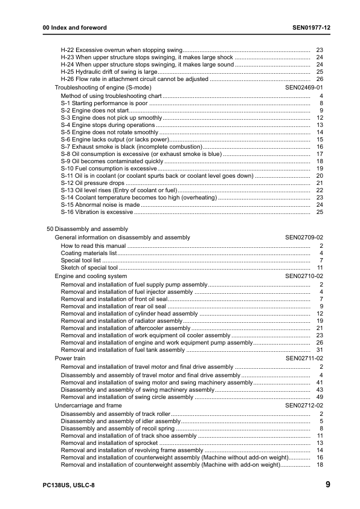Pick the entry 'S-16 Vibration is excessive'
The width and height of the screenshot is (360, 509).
click(97, 212)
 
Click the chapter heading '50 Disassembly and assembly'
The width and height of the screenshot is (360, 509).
click(87, 229)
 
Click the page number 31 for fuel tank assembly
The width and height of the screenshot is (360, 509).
click(320, 350)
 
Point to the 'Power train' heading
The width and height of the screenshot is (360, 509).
click(71, 358)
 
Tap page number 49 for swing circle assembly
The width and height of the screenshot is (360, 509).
click(320, 397)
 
